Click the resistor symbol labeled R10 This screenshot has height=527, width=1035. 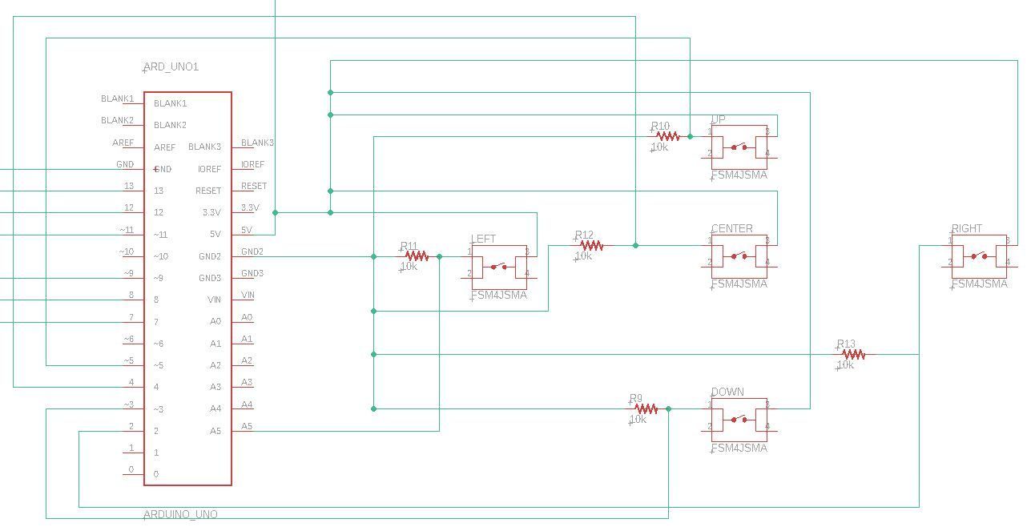point(667,137)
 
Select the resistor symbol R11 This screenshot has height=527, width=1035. point(417,256)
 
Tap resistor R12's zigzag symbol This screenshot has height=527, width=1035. point(591,246)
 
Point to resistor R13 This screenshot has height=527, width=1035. point(853,354)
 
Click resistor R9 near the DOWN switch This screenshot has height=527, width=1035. point(646,408)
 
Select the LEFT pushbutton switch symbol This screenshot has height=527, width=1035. point(498,267)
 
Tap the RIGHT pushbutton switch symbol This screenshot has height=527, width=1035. point(979,256)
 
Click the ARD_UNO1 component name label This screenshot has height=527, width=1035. point(171,67)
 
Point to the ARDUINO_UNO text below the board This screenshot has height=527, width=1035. point(181,514)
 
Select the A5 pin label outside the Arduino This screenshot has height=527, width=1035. point(248,426)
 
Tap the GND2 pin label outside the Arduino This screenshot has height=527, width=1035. point(252,251)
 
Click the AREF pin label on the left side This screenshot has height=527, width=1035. point(123,143)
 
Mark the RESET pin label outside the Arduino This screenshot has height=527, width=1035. point(254,186)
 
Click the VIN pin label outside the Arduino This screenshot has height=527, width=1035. point(248,295)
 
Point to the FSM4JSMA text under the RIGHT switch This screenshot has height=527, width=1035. point(980,284)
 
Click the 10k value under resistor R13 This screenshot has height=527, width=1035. point(845,365)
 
